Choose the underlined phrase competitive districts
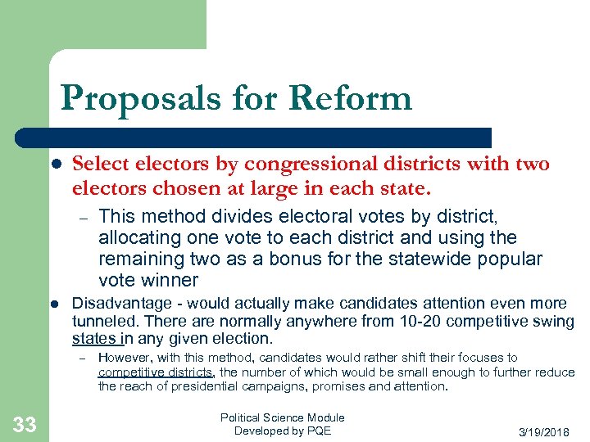pyautogui.click(x=156, y=372)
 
